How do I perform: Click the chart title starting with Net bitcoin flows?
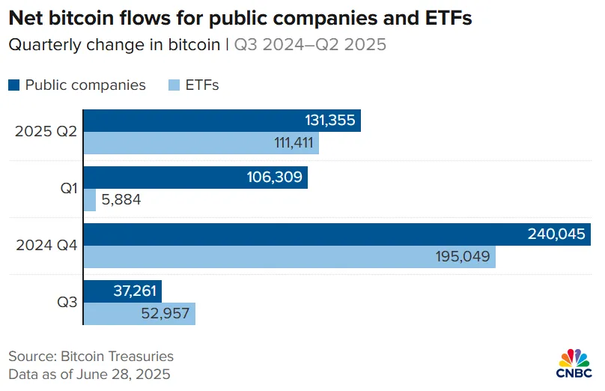click(x=240, y=18)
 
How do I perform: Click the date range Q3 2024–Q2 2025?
click(x=310, y=45)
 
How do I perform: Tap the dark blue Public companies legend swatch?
click(x=14, y=85)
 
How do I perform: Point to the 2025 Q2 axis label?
click(x=45, y=132)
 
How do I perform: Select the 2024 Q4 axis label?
click(x=45, y=246)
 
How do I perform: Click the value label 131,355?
click(x=329, y=121)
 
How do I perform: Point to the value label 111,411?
click(x=288, y=143)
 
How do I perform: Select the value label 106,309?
click(x=274, y=178)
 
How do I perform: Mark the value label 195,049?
click(x=463, y=257)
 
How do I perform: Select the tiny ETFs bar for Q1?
click(x=89, y=200)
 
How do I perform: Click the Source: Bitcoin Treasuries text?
click(x=91, y=357)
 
